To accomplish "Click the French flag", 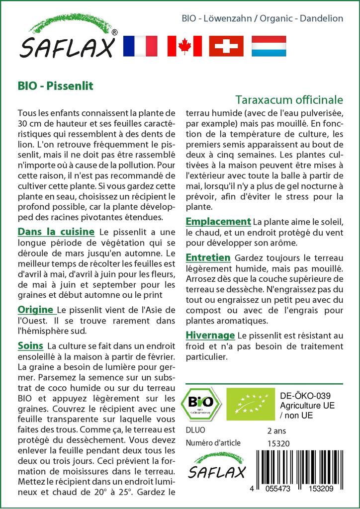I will [x=140, y=46].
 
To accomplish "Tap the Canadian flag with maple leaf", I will [x=184, y=46].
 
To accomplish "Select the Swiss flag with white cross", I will [x=226, y=46].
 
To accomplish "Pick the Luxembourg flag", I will [x=269, y=46].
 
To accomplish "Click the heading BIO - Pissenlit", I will [x=55, y=85].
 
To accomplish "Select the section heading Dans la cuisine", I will [x=56, y=232].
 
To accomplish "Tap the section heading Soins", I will [x=30, y=345].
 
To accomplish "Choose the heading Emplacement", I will [x=218, y=222].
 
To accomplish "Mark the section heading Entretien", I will [x=208, y=257].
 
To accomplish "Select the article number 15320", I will [x=278, y=443].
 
